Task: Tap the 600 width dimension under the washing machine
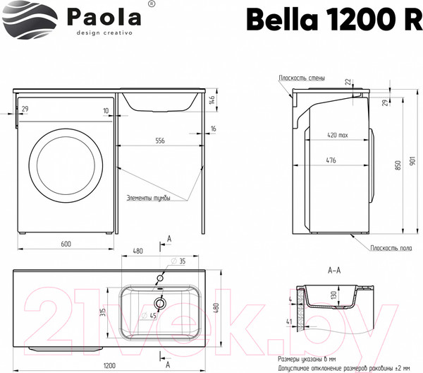click(65, 244)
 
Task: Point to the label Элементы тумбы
click(149, 198)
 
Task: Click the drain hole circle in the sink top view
click(160, 304)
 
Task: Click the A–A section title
click(335, 270)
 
